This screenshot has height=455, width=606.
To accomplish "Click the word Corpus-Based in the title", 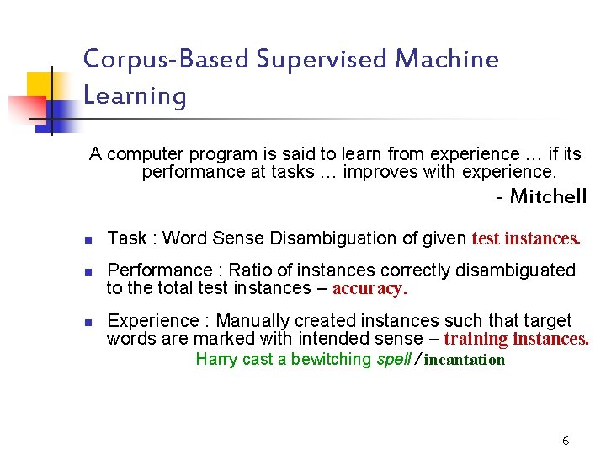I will [165, 60].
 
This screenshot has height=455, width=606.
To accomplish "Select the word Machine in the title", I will [447, 59].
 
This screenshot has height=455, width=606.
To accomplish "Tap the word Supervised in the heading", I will [322, 60].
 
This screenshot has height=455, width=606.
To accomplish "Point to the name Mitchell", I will [548, 197].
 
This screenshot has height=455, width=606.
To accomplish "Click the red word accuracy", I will [369, 288].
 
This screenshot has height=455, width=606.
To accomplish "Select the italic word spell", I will [392, 360].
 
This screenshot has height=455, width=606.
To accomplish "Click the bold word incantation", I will [465, 361].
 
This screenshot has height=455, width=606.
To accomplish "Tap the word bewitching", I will [331, 360].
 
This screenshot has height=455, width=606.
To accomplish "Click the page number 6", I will [566, 441].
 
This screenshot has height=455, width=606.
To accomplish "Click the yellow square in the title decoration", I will [40, 87].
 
